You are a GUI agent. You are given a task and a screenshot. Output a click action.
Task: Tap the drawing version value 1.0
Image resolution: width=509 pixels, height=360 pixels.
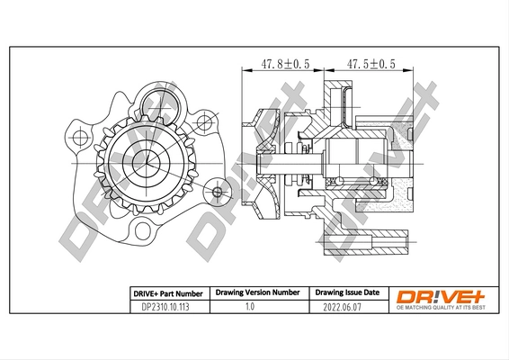coord(251,307)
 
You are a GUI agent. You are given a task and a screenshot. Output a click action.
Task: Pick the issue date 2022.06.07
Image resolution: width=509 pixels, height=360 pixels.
coord(344,307)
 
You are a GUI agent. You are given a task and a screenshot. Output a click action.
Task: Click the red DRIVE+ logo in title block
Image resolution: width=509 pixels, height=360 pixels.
coord(442,295)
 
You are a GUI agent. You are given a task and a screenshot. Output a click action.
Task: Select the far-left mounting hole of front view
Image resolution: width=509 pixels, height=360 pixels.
coord(78,138)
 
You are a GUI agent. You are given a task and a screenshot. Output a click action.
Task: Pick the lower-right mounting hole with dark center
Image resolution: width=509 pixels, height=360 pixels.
coord(217,191)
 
